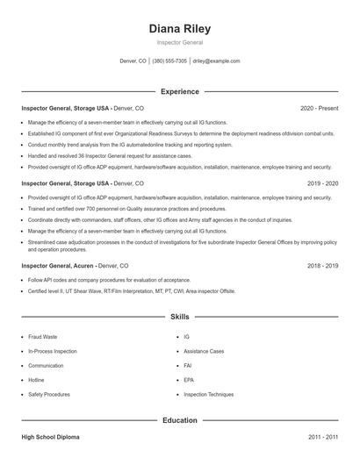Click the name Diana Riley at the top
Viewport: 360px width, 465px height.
coord(180,28)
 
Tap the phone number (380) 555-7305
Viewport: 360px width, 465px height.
coord(169,61)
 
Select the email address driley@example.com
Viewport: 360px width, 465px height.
coord(216,61)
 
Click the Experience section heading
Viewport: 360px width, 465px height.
coord(180,91)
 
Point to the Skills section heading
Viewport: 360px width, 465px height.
coord(180,316)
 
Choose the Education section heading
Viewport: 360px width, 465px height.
coord(180,420)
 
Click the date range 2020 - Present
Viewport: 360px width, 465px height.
coord(319,108)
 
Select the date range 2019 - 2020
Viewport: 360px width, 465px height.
coord(322,183)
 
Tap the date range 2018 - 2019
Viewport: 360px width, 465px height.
coord(322,264)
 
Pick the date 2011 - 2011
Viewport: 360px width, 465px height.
coord(323,436)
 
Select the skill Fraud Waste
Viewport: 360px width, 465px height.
coord(43,337)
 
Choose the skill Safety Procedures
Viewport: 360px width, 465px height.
coord(49,395)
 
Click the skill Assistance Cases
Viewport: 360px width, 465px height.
coord(204,351)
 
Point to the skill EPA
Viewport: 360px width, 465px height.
coord(188,380)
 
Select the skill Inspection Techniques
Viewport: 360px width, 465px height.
coord(209,395)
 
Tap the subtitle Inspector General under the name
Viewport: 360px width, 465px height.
coord(180,42)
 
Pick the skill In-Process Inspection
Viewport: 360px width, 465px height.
coord(52,351)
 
